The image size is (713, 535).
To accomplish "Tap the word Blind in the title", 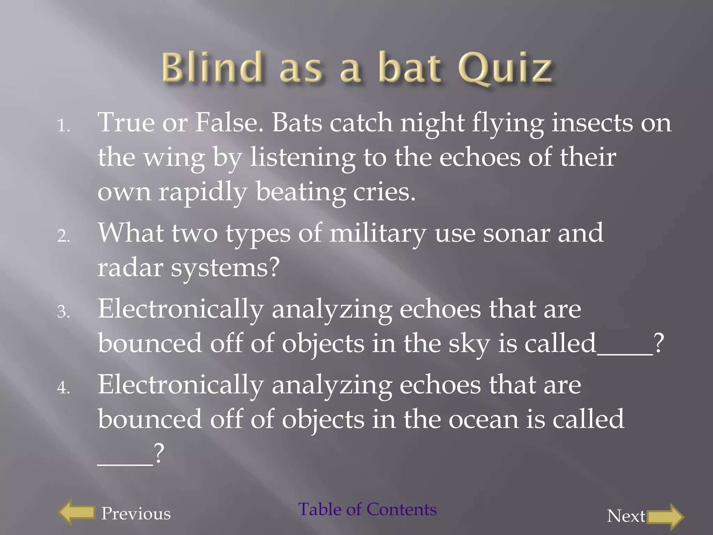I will click(x=212, y=67).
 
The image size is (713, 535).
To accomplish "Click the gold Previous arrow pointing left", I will click(x=77, y=512).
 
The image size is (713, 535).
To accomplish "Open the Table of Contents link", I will click(x=367, y=509).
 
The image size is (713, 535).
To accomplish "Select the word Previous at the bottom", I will click(x=136, y=513).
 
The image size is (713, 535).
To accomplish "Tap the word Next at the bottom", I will click(x=626, y=516).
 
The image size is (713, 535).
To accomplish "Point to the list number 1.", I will click(x=63, y=126).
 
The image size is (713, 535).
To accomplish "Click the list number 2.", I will click(x=63, y=236).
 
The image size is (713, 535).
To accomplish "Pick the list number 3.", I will click(x=63, y=312).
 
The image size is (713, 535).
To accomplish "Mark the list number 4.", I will click(x=63, y=387).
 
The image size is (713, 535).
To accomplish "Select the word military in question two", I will click(x=378, y=233).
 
